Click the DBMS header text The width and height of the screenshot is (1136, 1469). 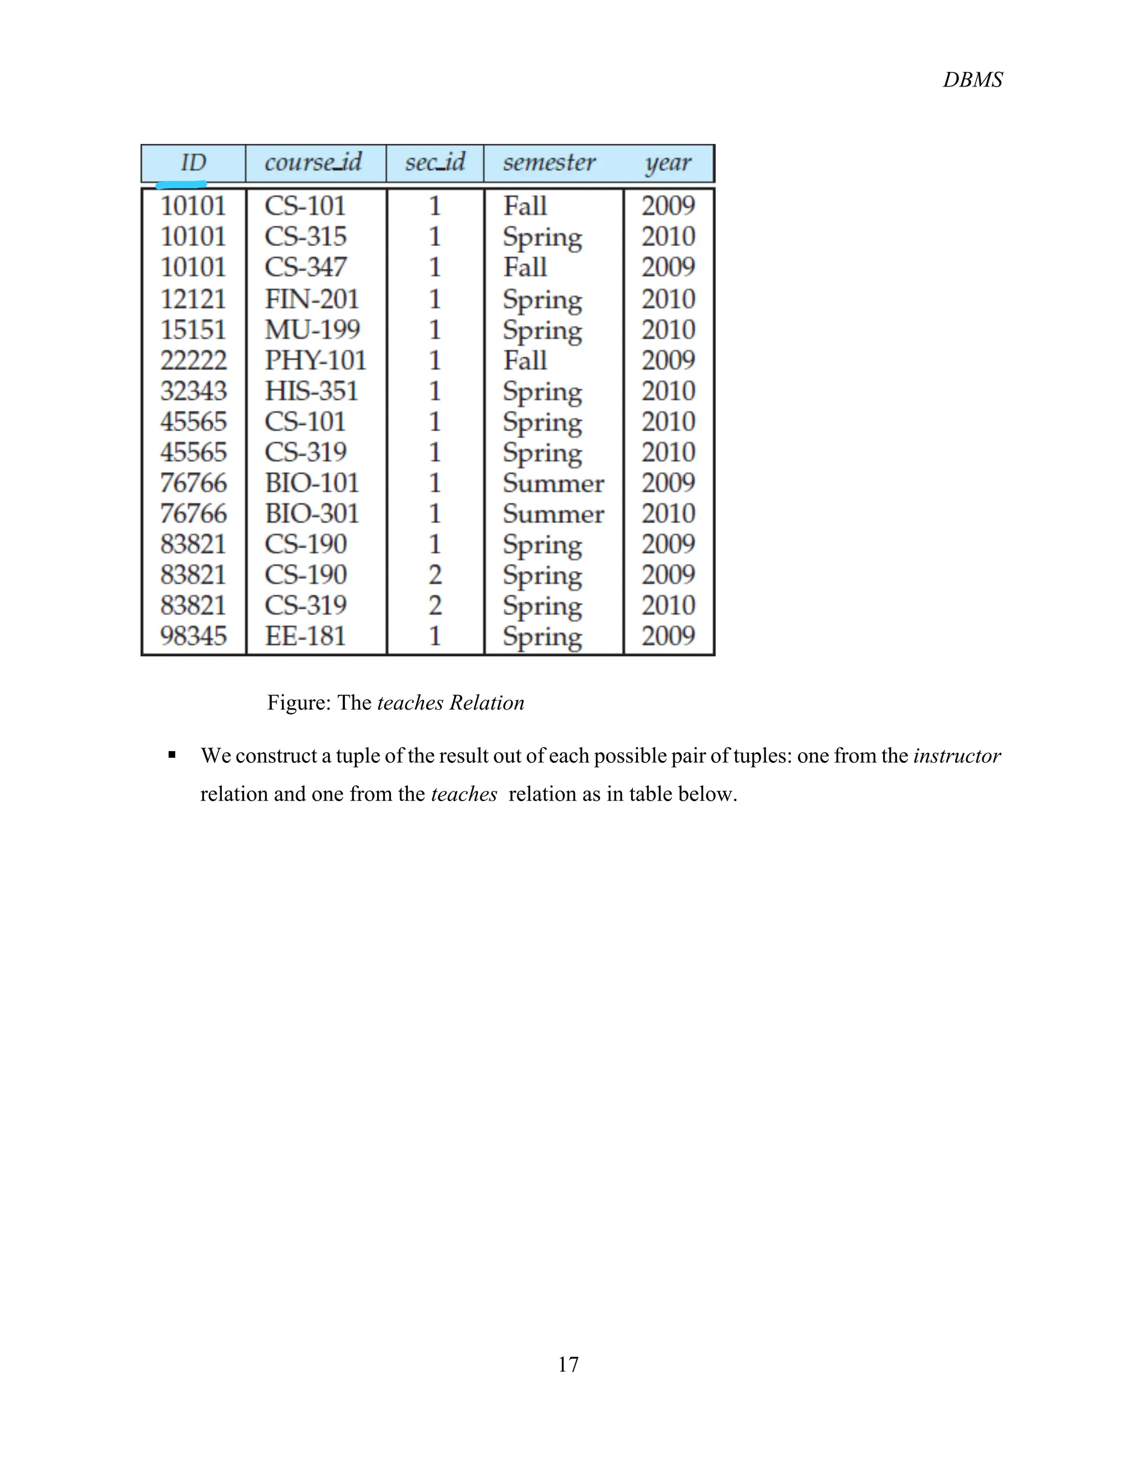(972, 80)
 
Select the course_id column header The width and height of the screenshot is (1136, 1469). (313, 163)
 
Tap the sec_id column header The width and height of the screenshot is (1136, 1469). (435, 163)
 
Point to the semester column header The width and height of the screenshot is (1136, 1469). (549, 163)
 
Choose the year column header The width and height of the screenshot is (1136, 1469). (668, 164)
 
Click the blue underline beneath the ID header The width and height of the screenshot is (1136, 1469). (180, 183)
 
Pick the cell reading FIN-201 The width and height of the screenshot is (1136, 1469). (312, 299)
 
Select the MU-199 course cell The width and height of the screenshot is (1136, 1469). (312, 330)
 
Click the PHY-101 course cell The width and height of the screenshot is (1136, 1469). (315, 360)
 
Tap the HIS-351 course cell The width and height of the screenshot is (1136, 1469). (311, 391)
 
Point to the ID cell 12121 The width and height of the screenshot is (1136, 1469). (193, 299)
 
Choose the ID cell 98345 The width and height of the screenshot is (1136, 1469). (193, 636)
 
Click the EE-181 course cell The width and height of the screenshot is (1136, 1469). (305, 636)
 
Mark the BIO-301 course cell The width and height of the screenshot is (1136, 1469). (312, 513)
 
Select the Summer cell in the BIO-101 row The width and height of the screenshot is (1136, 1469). (553, 483)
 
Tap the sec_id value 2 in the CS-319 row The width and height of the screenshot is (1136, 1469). (435, 605)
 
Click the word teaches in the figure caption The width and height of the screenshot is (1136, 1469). (410, 703)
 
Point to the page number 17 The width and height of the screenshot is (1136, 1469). (568, 1364)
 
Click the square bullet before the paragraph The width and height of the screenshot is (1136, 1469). (173, 756)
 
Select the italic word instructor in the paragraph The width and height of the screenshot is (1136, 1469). (956, 756)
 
